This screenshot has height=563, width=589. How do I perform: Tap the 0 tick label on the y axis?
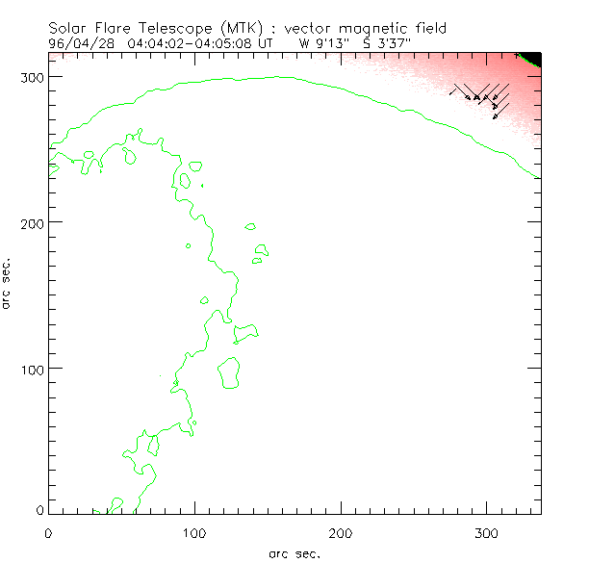click(x=40, y=509)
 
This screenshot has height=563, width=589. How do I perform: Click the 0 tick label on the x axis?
click(x=48, y=531)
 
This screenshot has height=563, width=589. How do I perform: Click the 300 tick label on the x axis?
click(x=487, y=531)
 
